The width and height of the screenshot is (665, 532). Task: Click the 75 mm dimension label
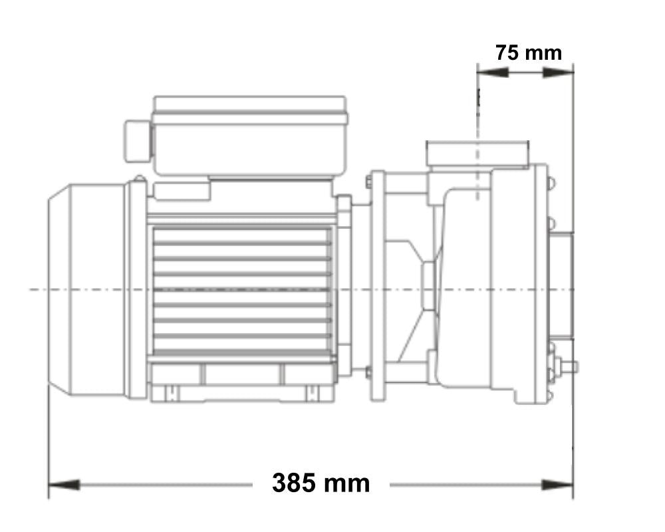[528, 53]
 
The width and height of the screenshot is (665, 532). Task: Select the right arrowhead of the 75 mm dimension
[559, 72]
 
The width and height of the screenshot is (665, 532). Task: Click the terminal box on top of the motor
[249, 136]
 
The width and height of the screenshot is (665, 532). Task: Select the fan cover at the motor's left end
[86, 290]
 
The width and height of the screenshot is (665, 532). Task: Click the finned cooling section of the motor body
[243, 290]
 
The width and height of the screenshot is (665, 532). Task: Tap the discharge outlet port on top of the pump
[477, 154]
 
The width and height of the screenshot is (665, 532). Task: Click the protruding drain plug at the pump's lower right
[569, 366]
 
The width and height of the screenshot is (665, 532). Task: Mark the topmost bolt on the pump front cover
[551, 180]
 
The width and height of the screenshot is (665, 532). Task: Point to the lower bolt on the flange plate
[368, 372]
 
